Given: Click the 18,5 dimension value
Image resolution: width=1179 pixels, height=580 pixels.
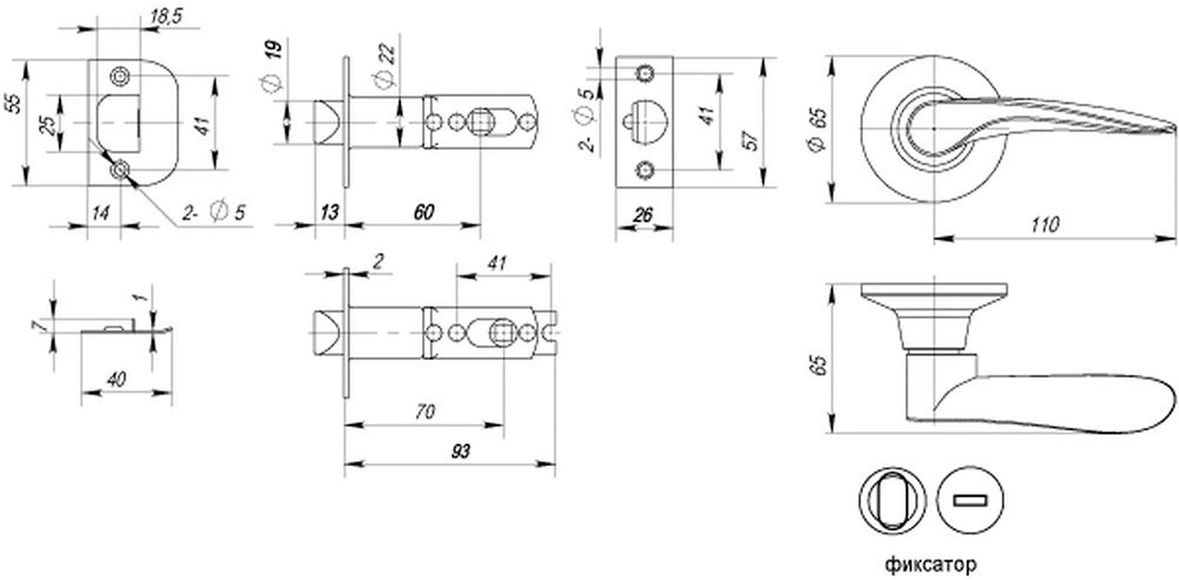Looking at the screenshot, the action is click(166, 17).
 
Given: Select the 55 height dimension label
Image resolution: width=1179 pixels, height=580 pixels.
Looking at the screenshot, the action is click(16, 104).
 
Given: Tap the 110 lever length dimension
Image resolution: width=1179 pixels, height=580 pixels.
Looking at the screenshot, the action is click(1045, 226).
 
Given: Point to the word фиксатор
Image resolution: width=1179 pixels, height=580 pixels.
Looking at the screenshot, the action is click(931, 564).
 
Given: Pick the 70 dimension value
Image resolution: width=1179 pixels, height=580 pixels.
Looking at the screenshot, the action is click(424, 411).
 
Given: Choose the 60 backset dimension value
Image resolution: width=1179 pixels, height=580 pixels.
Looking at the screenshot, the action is click(424, 212).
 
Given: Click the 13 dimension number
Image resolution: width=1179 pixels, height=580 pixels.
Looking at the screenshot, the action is click(329, 212).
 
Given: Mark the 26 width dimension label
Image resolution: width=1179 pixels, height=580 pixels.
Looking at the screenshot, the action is click(643, 215).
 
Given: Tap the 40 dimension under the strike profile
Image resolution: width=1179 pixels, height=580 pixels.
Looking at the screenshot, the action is click(116, 379).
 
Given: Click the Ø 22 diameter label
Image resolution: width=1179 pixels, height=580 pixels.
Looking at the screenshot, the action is click(386, 66).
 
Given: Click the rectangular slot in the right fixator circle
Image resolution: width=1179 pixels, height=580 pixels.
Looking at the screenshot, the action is click(970, 500).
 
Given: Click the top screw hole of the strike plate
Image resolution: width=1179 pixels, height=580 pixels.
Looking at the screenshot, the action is click(120, 76).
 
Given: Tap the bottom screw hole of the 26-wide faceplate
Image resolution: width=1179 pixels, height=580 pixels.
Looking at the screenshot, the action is click(645, 170).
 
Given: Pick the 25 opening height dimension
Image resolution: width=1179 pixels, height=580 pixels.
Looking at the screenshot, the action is click(49, 125).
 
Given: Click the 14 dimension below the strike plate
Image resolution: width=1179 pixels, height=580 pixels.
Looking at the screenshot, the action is click(101, 213).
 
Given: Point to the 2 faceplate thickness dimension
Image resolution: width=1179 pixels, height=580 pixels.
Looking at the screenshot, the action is click(378, 262).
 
